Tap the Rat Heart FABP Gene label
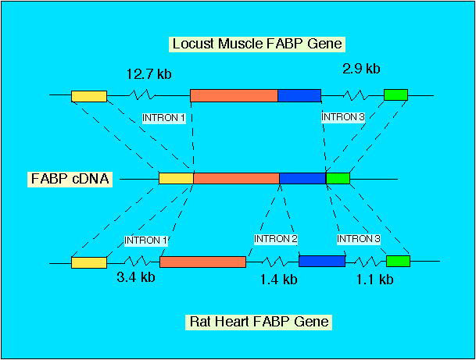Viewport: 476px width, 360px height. click(259, 321)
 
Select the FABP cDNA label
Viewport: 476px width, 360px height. click(70, 179)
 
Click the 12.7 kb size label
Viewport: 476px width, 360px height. click(149, 75)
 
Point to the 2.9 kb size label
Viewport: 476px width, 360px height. click(361, 69)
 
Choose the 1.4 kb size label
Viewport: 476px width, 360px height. click(279, 280)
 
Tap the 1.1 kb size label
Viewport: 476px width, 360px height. click(374, 279)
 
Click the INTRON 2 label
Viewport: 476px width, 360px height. click(276, 239)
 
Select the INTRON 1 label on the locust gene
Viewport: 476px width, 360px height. click(163, 118)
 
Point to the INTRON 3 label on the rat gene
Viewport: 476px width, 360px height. click(359, 239)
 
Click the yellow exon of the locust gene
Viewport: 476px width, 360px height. click(88, 96)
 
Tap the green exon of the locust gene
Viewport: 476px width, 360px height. click(395, 95)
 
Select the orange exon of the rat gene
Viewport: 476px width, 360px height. click(202, 262)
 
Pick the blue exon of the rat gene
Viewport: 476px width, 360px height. click(321, 262)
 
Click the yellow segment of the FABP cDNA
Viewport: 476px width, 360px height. click(176, 178)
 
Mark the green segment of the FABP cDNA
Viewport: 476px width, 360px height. click(338, 178)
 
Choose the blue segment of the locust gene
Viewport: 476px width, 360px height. click(299, 95)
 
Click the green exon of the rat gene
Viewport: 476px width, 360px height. click(398, 262)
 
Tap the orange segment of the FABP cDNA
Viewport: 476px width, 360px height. click(236, 178)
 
